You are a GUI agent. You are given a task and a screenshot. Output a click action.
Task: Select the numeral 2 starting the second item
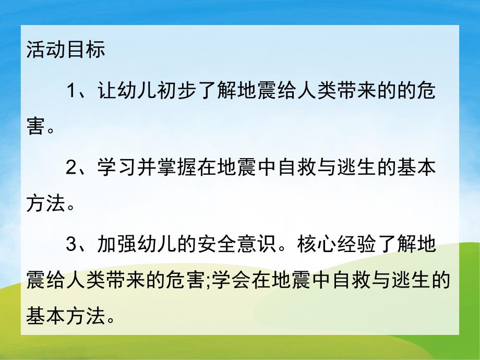[73, 169]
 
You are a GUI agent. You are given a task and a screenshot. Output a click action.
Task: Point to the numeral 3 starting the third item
[73, 245]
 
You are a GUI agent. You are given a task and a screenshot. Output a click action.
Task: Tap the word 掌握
[186, 169]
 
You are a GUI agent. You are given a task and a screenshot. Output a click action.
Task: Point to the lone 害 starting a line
[35, 126]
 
